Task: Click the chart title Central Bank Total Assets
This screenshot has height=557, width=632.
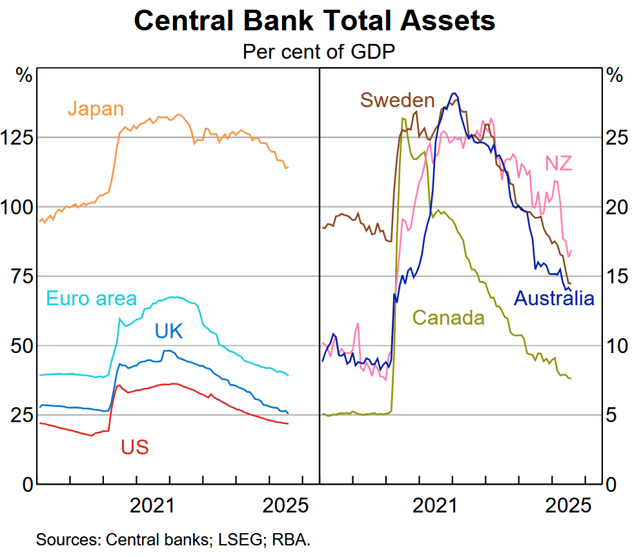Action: pyautogui.click(x=314, y=21)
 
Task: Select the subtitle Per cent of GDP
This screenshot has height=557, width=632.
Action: pyautogui.click(x=318, y=51)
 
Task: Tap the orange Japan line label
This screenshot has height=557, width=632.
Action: pyautogui.click(x=96, y=108)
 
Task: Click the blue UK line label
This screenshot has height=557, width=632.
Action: pyautogui.click(x=168, y=331)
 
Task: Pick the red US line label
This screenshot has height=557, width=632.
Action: pyautogui.click(x=134, y=446)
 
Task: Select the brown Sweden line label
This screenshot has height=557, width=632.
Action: pyautogui.click(x=396, y=100)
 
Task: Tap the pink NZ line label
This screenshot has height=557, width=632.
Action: pyautogui.click(x=558, y=163)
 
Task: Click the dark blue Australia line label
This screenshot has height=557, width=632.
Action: pyautogui.click(x=553, y=298)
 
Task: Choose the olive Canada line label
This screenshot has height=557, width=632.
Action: pyautogui.click(x=448, y=318)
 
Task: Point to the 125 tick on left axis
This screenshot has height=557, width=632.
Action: pyautogui.click(x=18, y=138)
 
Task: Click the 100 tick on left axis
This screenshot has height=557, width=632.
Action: pyautogui.click(x=18, y=207)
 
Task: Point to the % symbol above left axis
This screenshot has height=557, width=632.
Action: pyautogui.click(x=24, y=74)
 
